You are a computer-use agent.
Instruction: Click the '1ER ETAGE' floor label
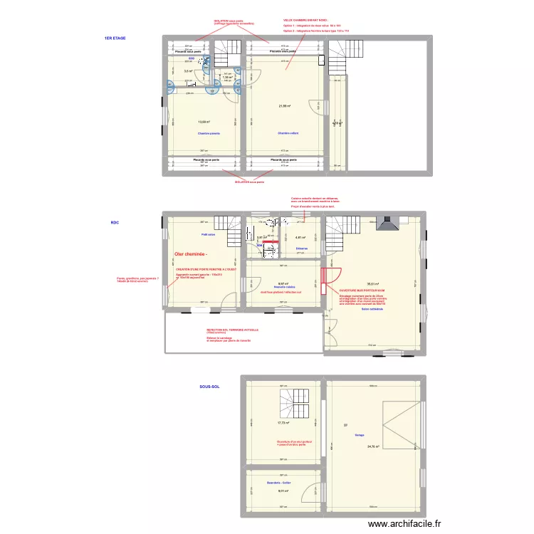pyautogui.click(x=115, y=38)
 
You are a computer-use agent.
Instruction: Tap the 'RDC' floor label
pyautogui.click(x=115, y=223)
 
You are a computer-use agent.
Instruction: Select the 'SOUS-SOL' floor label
pyautogui.click(x=209, y=387)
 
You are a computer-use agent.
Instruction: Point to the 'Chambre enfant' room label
pyautogui.click(x=288, y=133)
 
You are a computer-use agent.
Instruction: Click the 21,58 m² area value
pyautogui.click(x=285, y=106)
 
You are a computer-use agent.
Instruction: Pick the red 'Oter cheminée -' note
pyautogui.click(x=191, y=254)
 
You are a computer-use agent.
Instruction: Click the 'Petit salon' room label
pyautogui.click(x=209, y=233)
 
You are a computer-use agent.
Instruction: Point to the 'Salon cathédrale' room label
pyautogui.click(x=372, y=309)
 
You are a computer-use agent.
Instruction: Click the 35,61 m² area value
pyautogui.click(x=372, y=285)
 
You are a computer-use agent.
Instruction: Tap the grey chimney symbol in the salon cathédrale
pyautogui.click(x=388, y=224)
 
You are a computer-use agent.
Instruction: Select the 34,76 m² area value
pyautogui.click(x=372, y=447)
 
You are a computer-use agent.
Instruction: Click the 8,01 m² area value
pyautogui.click(x=283, y=491)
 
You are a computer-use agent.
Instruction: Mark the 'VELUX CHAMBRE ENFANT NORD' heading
pyautogui.click(x=305, y=21)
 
